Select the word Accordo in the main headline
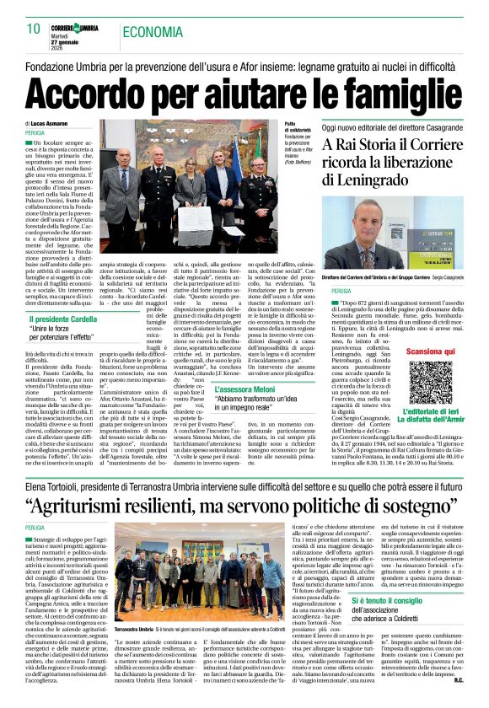(x=98, y=88)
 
